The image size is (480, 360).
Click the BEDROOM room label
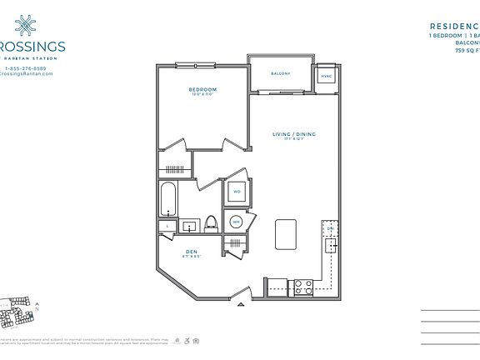202,89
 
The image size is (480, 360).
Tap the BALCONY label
280,74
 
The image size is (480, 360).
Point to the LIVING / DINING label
294,133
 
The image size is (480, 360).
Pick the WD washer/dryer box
237,192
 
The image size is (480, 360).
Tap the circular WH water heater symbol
236,222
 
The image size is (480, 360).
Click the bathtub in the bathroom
168,201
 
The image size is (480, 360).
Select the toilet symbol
211,223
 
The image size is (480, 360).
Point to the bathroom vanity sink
190,225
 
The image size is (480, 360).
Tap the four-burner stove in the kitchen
304,287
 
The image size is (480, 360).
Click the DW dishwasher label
330,228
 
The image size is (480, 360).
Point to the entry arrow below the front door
242,306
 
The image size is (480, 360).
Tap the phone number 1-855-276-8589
27,67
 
